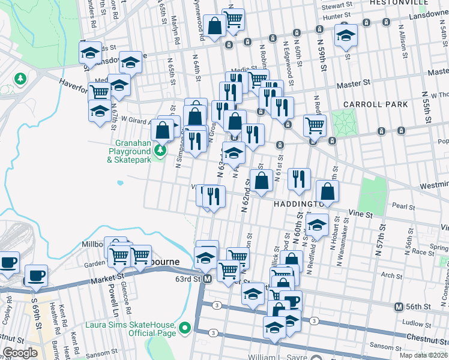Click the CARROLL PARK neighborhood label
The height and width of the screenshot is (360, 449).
tap(376, 104)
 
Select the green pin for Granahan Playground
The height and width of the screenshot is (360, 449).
tap(160, 149)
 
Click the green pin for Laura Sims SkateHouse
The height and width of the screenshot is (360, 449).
tap(185, 328)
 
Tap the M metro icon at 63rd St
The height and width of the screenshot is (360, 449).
tap(207, 279)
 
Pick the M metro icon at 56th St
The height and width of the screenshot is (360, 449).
tap(399, 307)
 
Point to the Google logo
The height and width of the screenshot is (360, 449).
tap(20, 353)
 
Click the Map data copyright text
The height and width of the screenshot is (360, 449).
tap(423, 355)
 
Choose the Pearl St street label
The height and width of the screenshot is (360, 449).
tap(404, 207)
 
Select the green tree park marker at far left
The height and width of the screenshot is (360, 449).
tap(20, 79)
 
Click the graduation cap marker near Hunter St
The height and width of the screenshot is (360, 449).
tap(346, 35)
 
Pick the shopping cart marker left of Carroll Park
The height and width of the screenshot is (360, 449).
tap(315, 125)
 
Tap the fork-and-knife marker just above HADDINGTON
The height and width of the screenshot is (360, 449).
tap(299, 178)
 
